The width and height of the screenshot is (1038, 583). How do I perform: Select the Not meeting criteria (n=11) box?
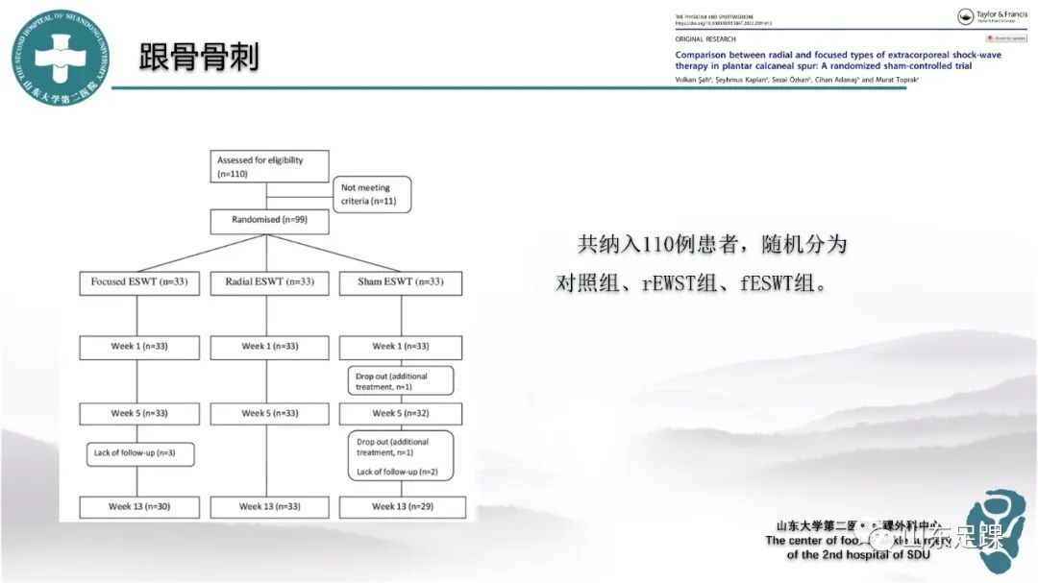point(372,194)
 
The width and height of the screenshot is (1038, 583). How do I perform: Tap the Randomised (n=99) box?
point(269,222)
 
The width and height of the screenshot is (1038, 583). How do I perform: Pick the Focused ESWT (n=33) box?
point(139,282)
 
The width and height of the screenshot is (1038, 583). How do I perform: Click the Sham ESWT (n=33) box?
point(400,282)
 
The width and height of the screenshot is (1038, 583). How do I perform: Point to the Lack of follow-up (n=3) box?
point(139,453)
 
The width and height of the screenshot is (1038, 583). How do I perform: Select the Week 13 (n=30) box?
point(139,506)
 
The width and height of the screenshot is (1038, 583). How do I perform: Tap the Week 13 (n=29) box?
point(403,506)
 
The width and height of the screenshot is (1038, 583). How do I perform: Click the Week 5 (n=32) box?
point(401,414)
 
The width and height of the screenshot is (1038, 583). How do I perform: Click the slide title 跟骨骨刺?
point(199,59)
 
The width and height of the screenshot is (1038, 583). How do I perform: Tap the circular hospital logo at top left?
point(60,59)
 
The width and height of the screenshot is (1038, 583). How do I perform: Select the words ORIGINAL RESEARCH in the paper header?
point(705,39)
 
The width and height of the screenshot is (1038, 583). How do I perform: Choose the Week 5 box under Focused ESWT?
point(139,414)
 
